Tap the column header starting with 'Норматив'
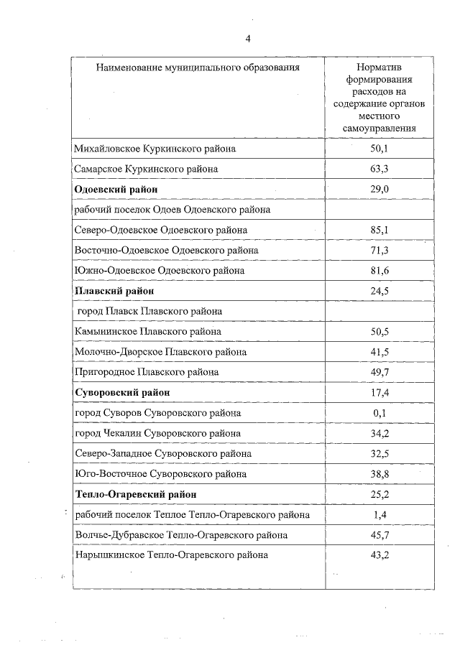pyautogui.click(x=379, y=98)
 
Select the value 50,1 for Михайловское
pyautogui.click(x=379, y=149)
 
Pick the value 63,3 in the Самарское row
pyautogui.click(x=379, y=169)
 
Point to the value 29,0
pyautogui.click(x=379, y=189)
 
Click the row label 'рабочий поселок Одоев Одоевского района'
pyautogui.click(x=172, y=210)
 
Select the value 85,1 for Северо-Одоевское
pyautogui.click(x=379, y=230)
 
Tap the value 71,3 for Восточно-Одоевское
pyautogui.click(x=379, y=250)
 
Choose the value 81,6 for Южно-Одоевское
pyautogui.click(x=379, y=271)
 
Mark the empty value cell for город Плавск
pyautogui.click(x=379, y=311)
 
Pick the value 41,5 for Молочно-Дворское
pyautogui.click(x=379, y=352)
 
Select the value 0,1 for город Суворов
pyautogui.click(x=379, y=413)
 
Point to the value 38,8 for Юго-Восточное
pyautogui.click(x=379, y=474)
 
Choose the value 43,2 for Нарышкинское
pyautogui.click(x=379, y=555)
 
